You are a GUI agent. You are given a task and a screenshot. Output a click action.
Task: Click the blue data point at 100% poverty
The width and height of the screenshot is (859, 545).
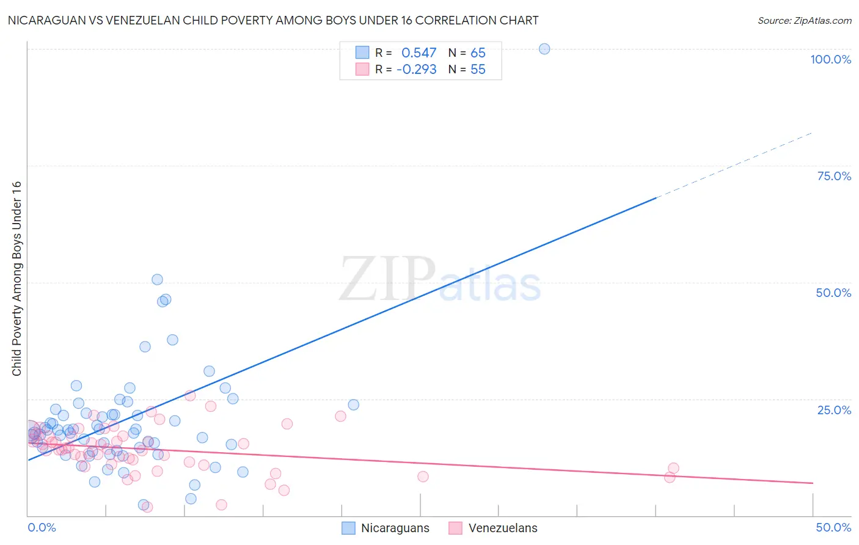pos(544,49)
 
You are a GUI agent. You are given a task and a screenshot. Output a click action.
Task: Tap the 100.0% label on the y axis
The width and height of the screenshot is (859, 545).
pos(830,59)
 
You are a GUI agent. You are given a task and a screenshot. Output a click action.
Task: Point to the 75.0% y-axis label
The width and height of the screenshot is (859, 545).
pos(834,176)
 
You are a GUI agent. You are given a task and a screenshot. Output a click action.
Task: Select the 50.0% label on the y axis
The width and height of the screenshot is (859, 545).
pos(833,293)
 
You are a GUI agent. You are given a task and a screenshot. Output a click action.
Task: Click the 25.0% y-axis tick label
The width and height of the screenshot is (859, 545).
pos(834,409)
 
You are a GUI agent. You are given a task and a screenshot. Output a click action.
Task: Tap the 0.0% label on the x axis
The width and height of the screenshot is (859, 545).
pos(42,527)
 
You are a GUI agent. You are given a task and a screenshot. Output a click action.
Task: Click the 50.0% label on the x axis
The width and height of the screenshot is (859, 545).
pos(833,527)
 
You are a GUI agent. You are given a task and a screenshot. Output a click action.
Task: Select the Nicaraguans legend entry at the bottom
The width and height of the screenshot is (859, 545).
pos(386,528)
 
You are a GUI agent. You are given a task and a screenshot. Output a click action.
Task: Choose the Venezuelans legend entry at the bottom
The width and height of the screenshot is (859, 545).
pos(493,528)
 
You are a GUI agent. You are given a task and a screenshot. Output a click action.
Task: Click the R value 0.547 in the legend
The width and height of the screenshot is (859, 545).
pos(419,53)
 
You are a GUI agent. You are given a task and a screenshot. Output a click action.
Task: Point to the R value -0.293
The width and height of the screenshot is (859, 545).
pos(416,70)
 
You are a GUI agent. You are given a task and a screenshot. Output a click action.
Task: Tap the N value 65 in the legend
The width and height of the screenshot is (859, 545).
pos(478,53)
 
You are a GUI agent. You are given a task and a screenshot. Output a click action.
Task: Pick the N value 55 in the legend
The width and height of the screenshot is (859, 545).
pos(478,70)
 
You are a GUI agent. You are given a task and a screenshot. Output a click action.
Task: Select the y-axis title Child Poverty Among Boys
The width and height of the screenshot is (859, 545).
pos(16,279)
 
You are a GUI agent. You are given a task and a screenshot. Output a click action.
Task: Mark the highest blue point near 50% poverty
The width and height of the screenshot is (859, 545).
pos(157,279)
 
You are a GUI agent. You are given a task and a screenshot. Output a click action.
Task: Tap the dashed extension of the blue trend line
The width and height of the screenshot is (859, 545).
pos(733,165)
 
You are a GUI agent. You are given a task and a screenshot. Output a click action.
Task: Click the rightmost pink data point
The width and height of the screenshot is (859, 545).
pos(673,468)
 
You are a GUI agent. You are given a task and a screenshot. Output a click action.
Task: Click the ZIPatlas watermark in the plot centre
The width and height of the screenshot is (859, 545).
pos(440,280)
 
